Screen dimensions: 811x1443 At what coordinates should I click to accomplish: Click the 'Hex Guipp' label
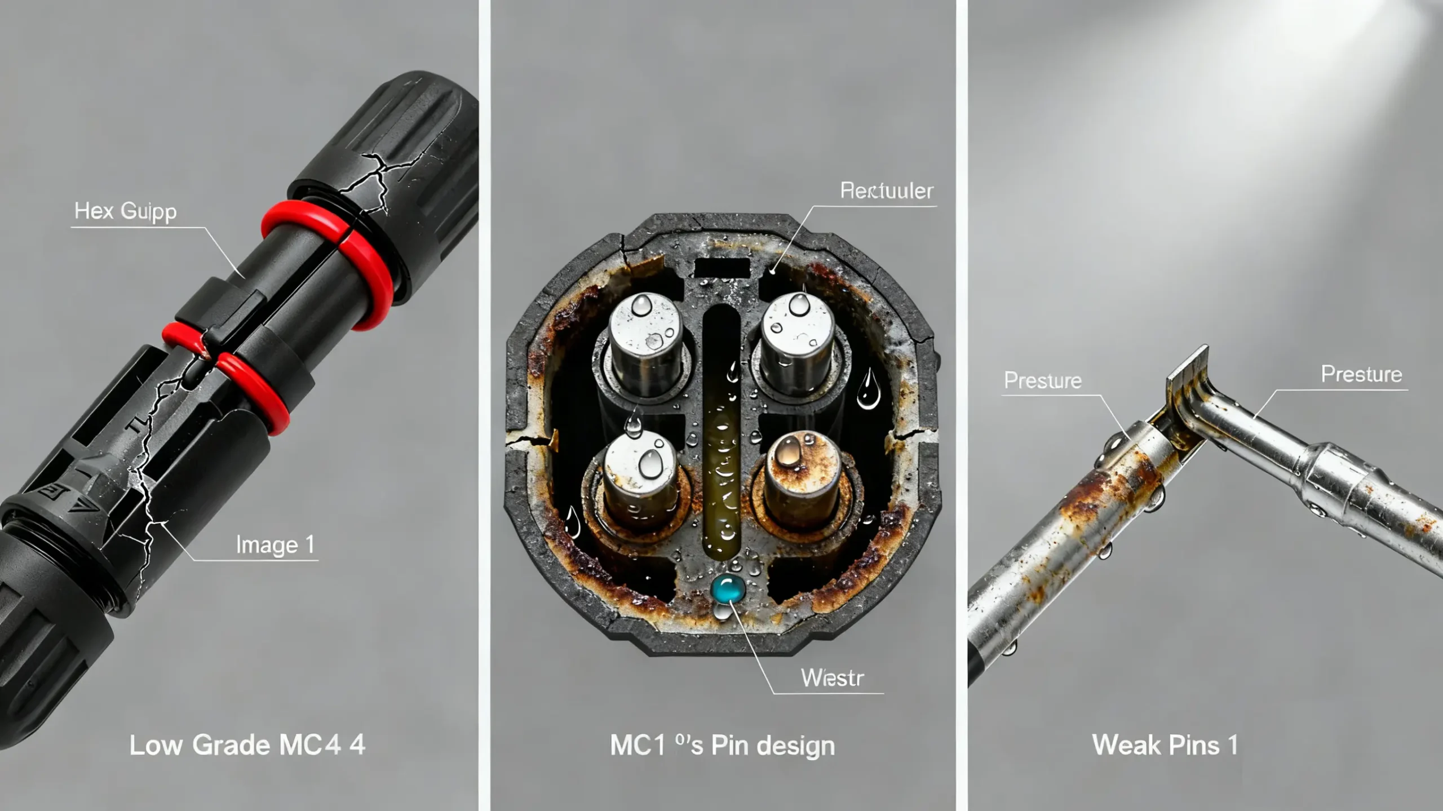pyautogui.click(x=125, y=212)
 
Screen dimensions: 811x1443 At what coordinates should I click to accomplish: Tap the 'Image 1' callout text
pyautogui.click(x=275, y=545)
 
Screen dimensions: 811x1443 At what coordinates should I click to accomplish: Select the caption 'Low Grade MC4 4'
pyautogui.click(x=247, y=745)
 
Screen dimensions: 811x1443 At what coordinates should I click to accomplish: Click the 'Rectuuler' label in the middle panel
pyautogui.click(x=887, y=192)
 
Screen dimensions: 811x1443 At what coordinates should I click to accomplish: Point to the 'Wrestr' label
pyautogui.click(x=832, y=678)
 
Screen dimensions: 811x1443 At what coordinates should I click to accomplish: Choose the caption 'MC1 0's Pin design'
pyautogui.click(x=722, y=746)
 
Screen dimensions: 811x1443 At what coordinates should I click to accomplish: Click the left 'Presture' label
pyautogui.click(x=1043, y=381)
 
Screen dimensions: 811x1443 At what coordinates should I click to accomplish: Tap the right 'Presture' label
pyautogui.click(x=1361, y=375)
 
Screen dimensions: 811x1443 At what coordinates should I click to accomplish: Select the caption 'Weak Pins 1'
pyautogui.click(x=1165, y=745)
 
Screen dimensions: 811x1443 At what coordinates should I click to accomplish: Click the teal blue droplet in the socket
pyautogui.click(x=728, y=588)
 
